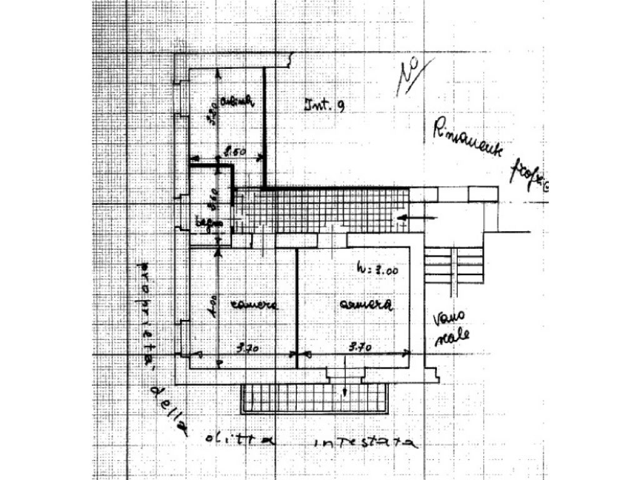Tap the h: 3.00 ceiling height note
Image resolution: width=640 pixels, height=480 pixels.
tap(377, 270)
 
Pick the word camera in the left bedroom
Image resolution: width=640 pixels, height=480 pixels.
tap(252, 305)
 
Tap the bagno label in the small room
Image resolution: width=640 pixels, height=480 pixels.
tap(207, 222)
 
